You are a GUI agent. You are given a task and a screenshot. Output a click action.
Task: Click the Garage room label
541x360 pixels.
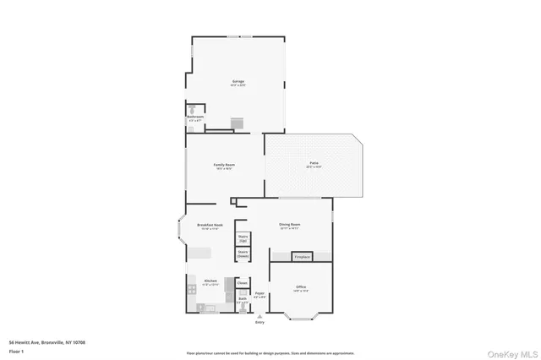point(238,83)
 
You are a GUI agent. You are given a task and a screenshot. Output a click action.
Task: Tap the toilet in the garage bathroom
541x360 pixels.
point(193,109)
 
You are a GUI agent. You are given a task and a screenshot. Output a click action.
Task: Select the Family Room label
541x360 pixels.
point(223,166)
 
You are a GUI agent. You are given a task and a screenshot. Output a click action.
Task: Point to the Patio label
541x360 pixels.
point(313,163)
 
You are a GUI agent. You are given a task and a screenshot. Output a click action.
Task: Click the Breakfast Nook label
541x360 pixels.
point(210,226)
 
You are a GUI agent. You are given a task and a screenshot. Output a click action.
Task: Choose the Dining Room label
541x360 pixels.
point(290,226)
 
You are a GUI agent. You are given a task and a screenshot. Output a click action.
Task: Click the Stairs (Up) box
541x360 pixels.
point(243,238)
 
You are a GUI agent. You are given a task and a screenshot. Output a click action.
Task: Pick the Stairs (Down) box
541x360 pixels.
point(243,254)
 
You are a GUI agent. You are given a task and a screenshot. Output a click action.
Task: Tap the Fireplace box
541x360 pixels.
point(302,256)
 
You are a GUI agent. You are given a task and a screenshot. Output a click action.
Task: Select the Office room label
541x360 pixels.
point(301,288)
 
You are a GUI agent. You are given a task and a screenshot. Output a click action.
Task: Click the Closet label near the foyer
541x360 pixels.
point(242,283)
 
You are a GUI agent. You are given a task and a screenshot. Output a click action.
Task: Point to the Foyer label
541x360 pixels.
point(260,295)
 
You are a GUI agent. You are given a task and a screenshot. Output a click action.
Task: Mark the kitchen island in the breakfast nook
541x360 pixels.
point(199,253)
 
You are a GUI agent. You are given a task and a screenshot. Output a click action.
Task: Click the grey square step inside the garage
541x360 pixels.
point(238,123)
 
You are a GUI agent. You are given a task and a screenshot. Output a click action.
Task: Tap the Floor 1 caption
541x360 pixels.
point(16,350)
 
